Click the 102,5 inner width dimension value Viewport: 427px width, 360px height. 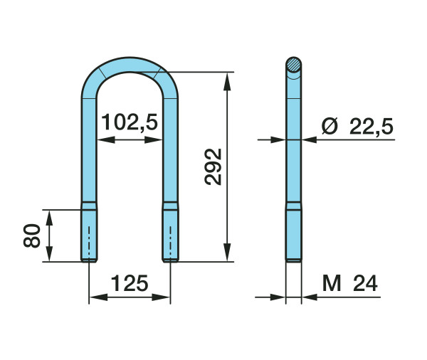point(130,122)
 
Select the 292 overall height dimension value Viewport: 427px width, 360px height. point(213,167)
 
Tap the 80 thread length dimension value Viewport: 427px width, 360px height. point(32,235)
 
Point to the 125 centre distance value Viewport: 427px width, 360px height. point(130,283)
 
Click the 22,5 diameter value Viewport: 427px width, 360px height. point(371,127)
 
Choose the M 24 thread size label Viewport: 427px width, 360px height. point(350,283)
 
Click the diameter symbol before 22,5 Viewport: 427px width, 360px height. point(330,126)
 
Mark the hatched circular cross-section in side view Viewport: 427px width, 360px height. point(293,65)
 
